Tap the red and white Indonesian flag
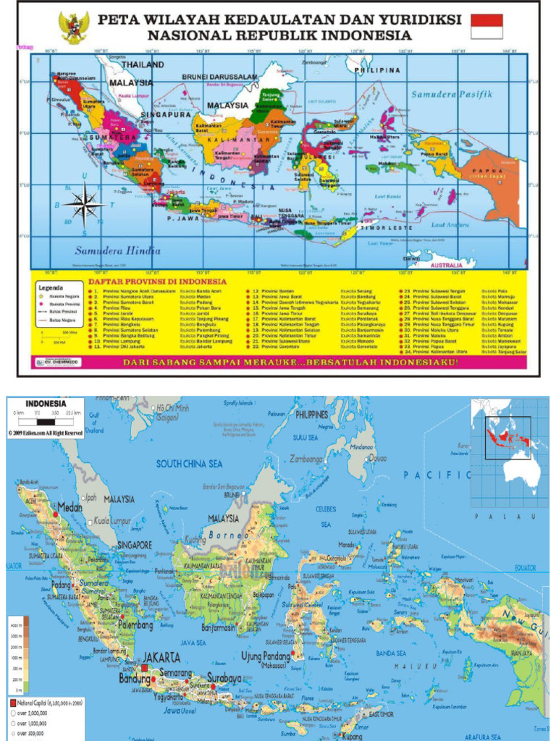486,26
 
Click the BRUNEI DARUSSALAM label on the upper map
219,77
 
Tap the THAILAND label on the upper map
142,64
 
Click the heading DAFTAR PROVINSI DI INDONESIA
157,281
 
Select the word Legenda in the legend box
51,287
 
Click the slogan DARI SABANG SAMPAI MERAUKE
290,362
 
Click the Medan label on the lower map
69,507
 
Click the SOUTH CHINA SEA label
189,464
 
